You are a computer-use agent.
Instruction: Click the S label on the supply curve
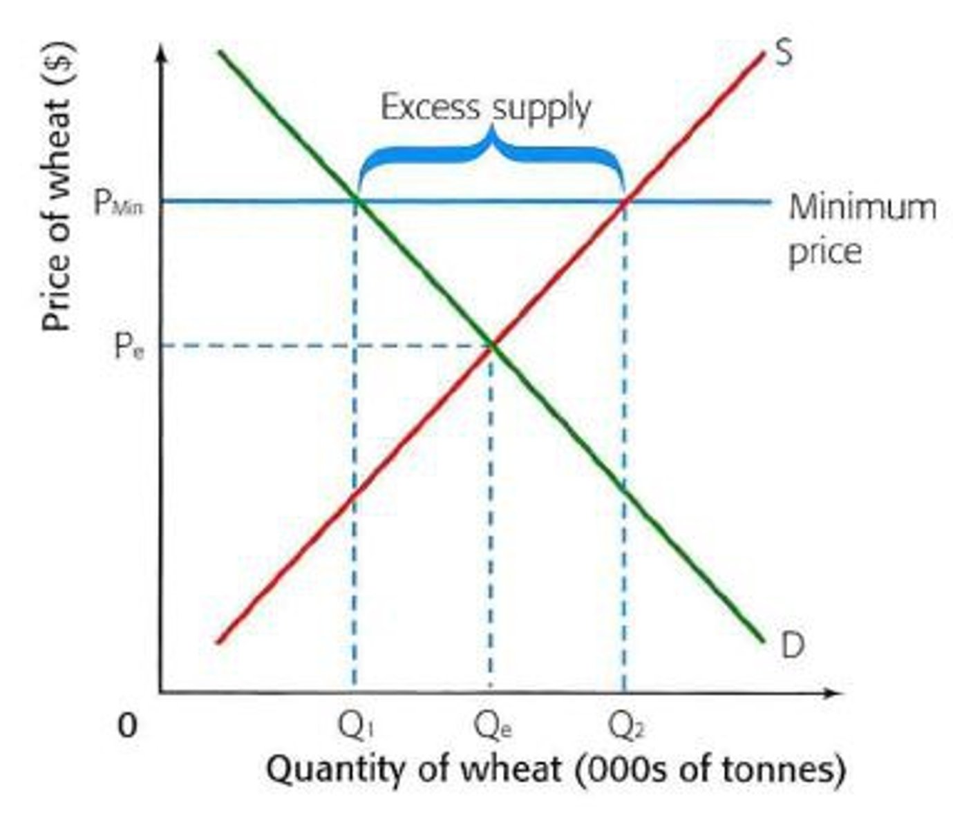tap(784, 52)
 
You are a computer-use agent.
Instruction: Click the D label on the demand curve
tap(792, 646)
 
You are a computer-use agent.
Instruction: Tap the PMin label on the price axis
tap(118, 202)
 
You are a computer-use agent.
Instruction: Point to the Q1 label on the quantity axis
tap(356, 725)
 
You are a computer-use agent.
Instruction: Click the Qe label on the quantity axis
tap(492, 725)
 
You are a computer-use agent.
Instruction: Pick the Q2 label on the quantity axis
tap(626, 725)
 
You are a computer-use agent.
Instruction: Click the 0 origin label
tap(127, 725)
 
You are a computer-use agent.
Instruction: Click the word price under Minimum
tap(825, 252)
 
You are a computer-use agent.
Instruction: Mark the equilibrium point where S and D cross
tap(492, 345)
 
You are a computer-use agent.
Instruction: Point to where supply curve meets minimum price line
tap(624, 202)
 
